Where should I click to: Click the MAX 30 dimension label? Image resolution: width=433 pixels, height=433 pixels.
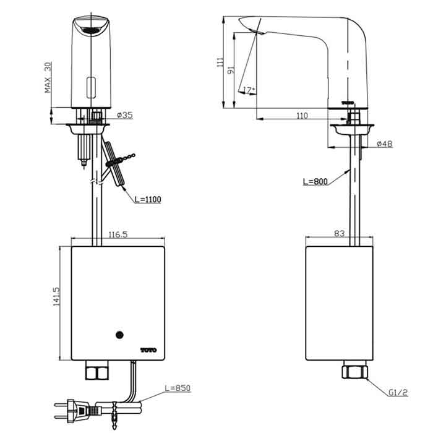(48, 77)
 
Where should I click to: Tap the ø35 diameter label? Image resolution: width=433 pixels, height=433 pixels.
(125, 115)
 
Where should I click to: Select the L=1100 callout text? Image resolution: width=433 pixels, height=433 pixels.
(147, 199)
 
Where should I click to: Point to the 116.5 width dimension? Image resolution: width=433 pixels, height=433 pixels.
(118, 235)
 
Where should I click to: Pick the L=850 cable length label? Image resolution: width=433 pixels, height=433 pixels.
(178, 388)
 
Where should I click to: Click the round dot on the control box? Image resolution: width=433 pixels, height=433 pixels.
(119, 336)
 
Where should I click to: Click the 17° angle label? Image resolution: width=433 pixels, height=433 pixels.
(249, 90)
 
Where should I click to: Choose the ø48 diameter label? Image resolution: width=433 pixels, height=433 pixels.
(384, 144)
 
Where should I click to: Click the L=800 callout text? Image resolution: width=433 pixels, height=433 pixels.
(315, 182)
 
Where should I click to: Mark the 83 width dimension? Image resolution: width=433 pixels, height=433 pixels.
(339, 234)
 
